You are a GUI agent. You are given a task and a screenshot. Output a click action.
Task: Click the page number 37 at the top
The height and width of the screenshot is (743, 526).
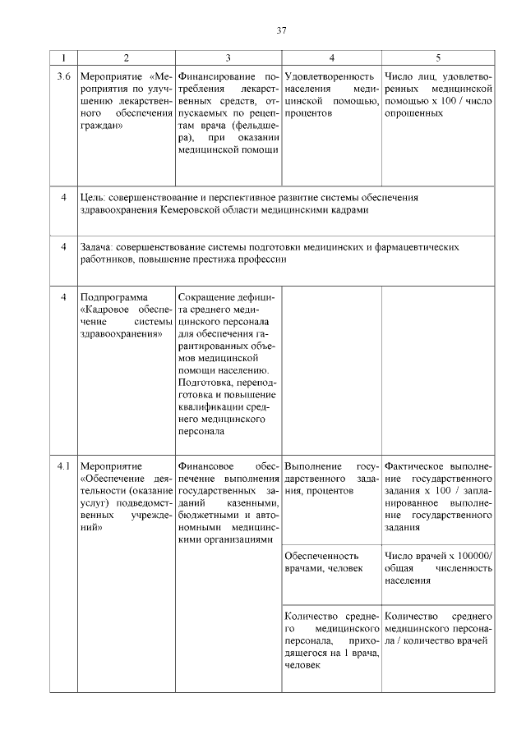coord(280,31)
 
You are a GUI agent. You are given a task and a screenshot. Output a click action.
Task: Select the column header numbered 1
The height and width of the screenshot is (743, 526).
coord(62,57)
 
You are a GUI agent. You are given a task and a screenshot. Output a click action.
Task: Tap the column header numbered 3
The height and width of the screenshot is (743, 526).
coord(228,57)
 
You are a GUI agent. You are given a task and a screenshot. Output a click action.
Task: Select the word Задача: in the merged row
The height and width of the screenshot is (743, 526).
coord(97,246)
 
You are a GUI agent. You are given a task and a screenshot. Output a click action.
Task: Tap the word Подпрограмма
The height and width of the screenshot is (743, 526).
coord(113,296)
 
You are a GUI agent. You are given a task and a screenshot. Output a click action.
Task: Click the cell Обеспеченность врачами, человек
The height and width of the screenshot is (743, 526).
coord(328,562)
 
